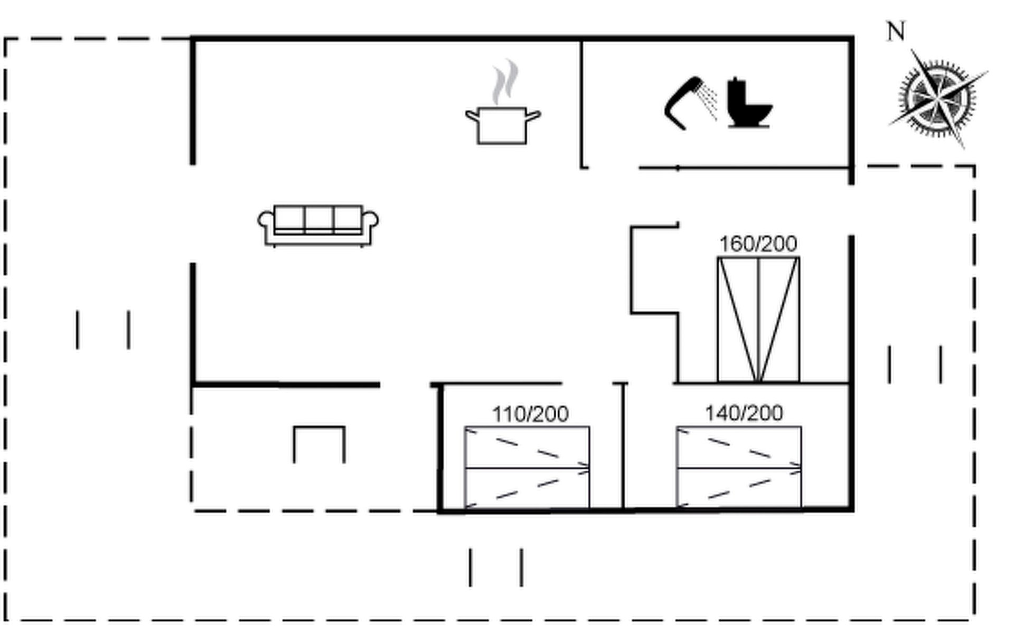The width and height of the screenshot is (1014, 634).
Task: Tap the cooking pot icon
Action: point(503,125)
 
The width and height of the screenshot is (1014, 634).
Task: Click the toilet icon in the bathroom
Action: point(749,103)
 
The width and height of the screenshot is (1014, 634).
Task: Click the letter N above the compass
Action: point(896,32)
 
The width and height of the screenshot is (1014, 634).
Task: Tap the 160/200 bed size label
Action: point(758,244)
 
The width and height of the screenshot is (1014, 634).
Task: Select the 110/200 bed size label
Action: point(530,414)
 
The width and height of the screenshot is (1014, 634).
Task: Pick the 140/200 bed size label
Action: point(744,413)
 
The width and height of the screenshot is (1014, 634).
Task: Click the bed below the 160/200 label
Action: point(758,320)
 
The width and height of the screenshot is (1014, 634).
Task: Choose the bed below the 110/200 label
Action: point(527,468)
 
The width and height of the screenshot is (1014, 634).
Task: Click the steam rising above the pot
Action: point(505,82)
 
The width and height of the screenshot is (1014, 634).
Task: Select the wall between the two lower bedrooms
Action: point(623,446)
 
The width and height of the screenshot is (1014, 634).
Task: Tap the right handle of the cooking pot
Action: point(534,116)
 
